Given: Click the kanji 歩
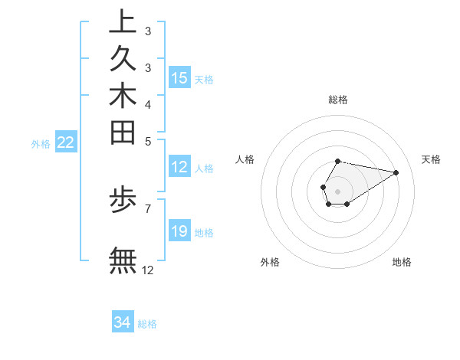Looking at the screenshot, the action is tap(123, 201).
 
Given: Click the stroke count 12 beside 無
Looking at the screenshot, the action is tap(148, 270).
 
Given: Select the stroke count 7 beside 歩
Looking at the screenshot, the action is tap(147, 208).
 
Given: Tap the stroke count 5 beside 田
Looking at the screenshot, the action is tap(147, 141).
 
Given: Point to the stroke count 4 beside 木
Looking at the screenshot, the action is tap(147, 103).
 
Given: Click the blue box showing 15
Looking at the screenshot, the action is tap(179, 78).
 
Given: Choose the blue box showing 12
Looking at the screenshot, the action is tap(179, 168).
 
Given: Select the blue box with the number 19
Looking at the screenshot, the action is tap(179, 232).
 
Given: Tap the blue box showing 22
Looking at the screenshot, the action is tap(65, 142).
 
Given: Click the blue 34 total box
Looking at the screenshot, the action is tap(123, 323).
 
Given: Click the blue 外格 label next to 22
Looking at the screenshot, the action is tap(41, 143).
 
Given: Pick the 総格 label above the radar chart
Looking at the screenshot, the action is tap(338, 100).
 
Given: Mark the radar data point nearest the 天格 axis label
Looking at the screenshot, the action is tap(396, 172).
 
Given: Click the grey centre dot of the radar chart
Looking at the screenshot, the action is tap(337, 191).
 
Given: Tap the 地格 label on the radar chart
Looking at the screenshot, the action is tap(402, 262).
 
